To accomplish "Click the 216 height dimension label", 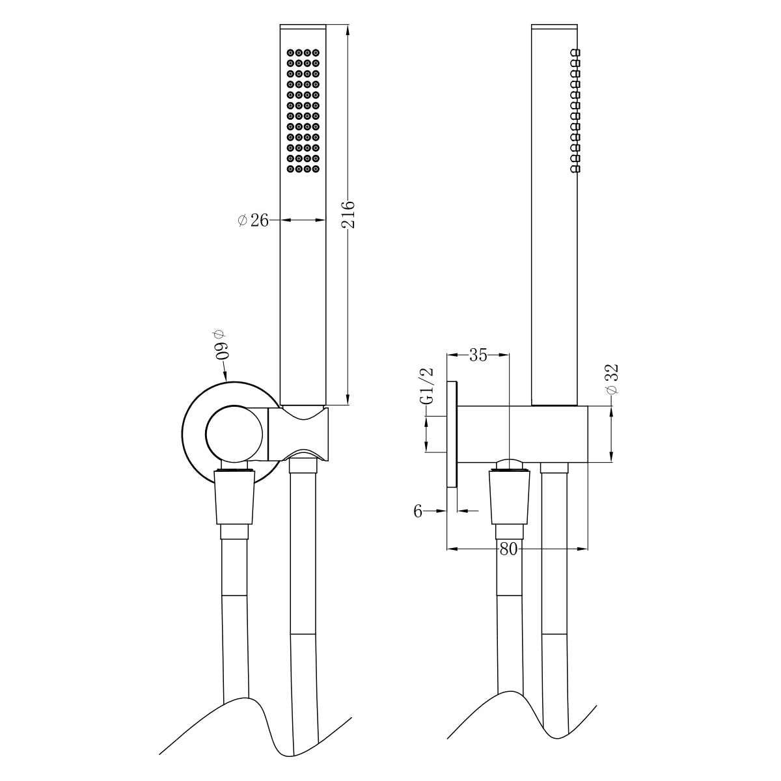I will [348, 214].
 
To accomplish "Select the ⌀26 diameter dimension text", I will [253, 221].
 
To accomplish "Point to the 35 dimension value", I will [478, 355].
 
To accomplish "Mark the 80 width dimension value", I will [508, 549].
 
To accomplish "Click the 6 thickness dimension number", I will [418, 511].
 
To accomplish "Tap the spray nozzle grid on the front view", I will [303, 110].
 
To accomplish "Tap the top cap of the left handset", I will [303, 27].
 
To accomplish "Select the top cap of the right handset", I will [555, 27].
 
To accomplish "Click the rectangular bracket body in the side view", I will [524, 434].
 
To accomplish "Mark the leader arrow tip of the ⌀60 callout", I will [225, 380].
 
